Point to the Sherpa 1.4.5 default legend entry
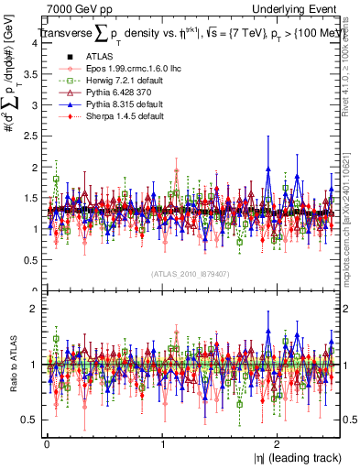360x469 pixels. click(x=115, y=115)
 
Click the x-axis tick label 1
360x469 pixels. click(x=161, y=443)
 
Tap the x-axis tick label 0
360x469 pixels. click(x=46, y=443)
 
